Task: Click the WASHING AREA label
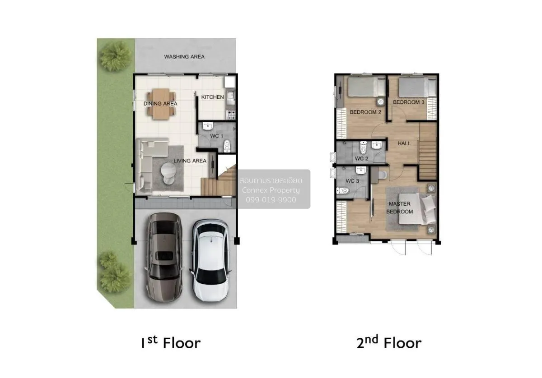pyautogui.click(x=184, y=57)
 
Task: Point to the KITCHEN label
pyautogui.click(x=212, y=97)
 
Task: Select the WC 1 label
pyautogui.click(x=217, y=136)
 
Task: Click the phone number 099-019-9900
pyautogui.click(x=271, y=199)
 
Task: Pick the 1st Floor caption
pyautogui.click(x=170, y=343)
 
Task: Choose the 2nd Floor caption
pyautogui.click(x=389, y=343)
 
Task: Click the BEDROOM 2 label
pyautogui.click(x=366, y=112)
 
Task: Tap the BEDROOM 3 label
pyautogui.click(x=409, y=102)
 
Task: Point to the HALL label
pyautogui.click(x=404, y=143)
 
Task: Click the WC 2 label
pyautogui.click(x=362, y=159)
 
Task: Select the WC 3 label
pyautogui.click(x=352, y=181)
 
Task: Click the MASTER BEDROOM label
pyautogui.click(x=400, y=207)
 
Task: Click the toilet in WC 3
pyautogui.click(x=343, y=191)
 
